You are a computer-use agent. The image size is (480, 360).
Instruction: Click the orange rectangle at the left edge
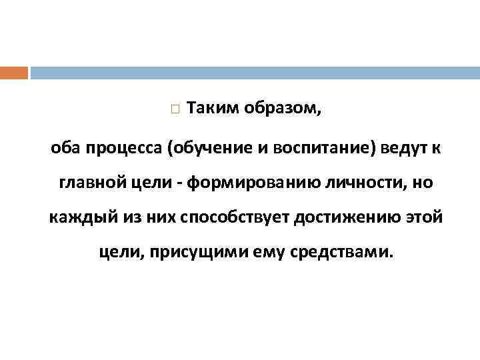click(14, 73)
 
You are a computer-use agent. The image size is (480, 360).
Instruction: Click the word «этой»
click(422, 218)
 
